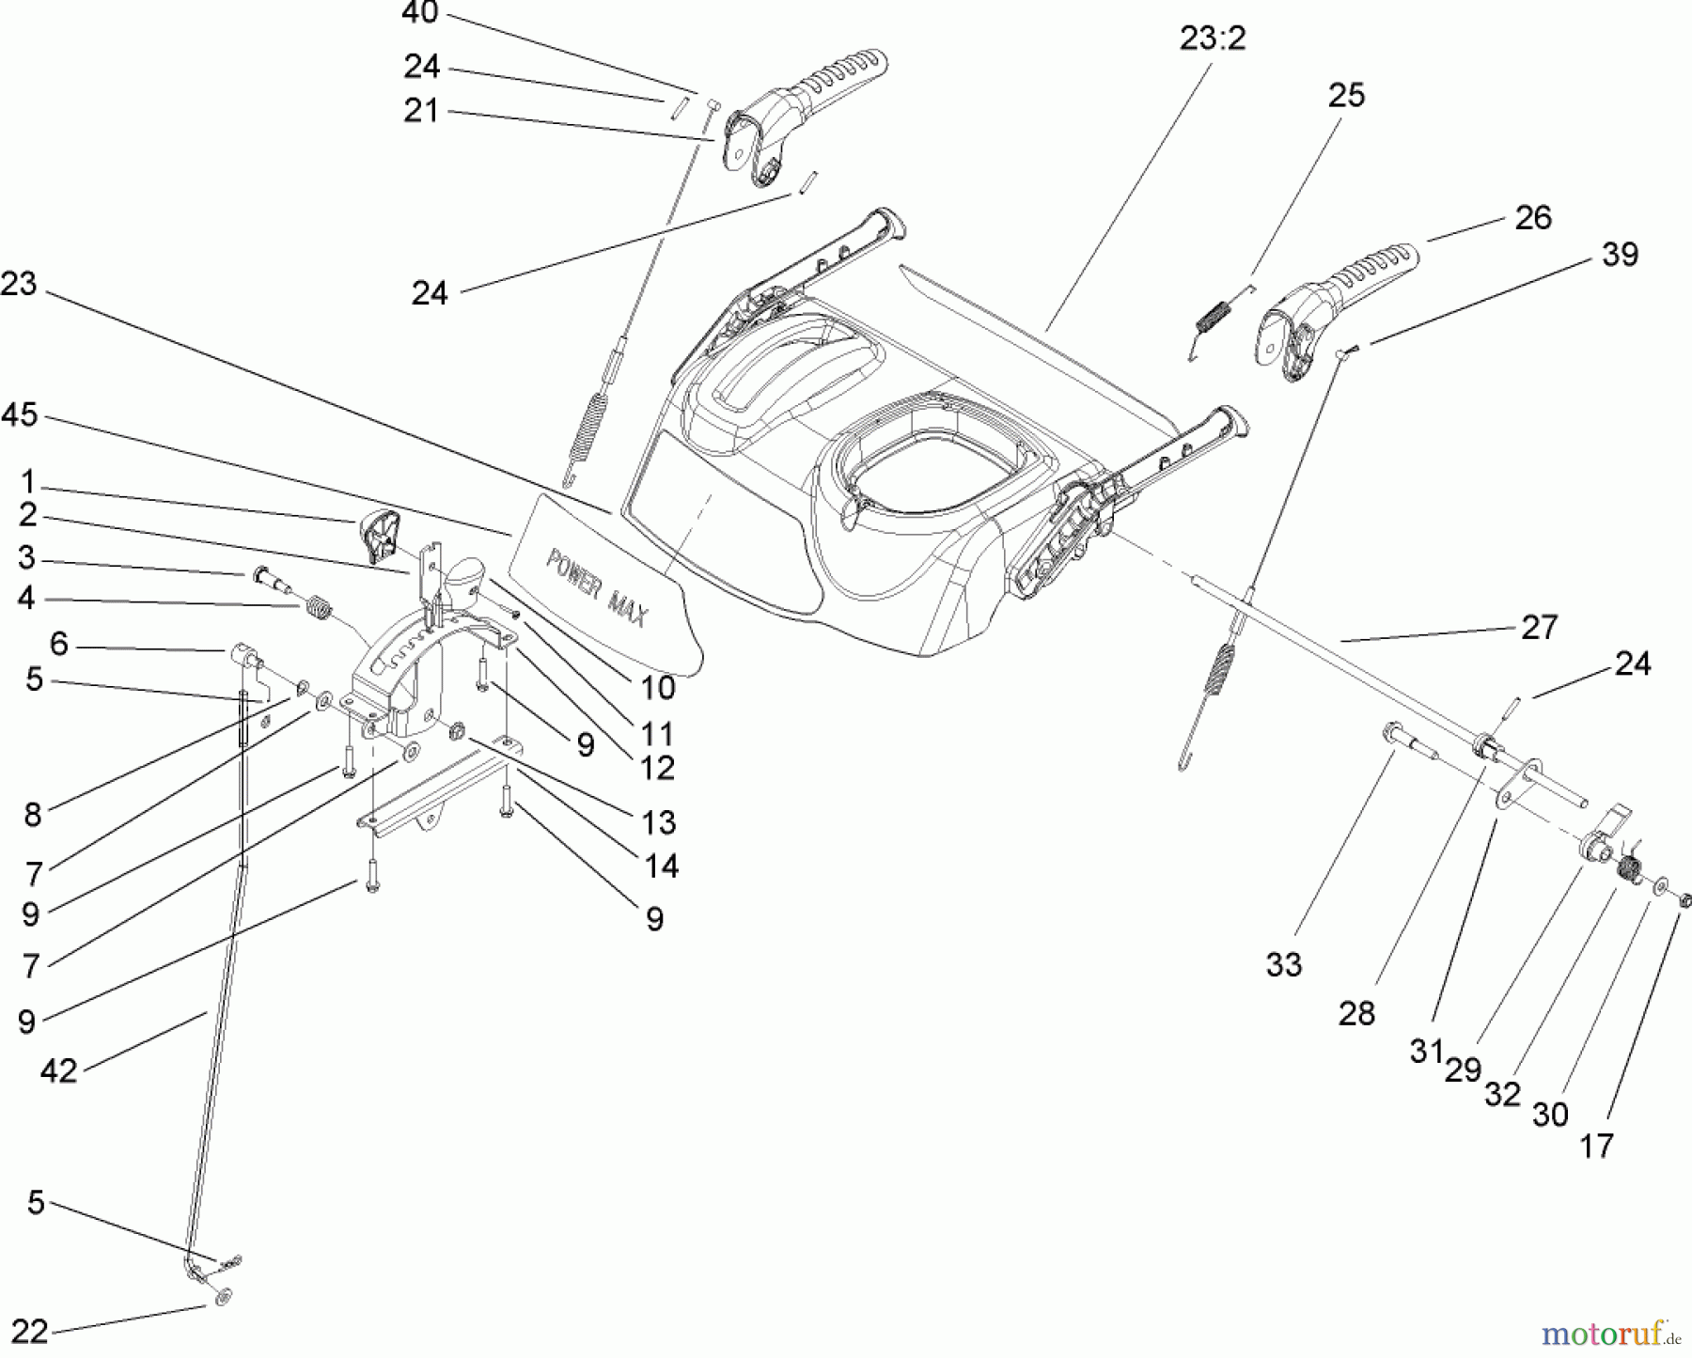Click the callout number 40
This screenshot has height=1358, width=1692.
pos(419,13)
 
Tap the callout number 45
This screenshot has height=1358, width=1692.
pos(20,414)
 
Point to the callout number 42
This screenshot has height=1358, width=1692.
pos(58,1070)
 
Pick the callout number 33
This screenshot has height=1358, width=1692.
pos(1284,965)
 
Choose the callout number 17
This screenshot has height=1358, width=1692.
pos(1596,1146)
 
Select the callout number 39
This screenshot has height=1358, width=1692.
pos(1620,255)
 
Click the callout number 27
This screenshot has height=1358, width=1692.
pos(1539,627)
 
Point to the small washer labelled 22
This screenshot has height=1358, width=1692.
pos(222,1297)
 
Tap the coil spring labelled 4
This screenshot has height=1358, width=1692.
pos(320,609)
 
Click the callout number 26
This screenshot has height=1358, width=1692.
pos(1533,218)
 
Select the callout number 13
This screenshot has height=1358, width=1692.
pos(659,822)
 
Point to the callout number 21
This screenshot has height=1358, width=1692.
pos(421,111)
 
